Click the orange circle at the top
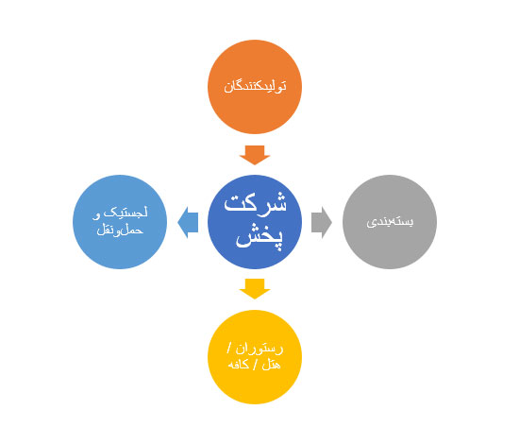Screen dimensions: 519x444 [255, 87]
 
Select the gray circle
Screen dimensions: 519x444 [390, 222]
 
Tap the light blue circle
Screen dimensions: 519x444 [120, 222]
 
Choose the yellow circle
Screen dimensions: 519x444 [255, 357]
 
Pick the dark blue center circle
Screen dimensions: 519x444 [255, 222]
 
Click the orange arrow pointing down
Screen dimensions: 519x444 [255, 155]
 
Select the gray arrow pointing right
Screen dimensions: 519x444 [322, 222]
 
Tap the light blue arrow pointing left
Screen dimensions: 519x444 [188, 222]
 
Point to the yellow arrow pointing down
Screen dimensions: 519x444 [255, 289]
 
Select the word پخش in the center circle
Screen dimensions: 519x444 [259, 237]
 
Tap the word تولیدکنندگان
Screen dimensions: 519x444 [255, 87]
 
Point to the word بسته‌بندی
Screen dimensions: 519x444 [390, 222]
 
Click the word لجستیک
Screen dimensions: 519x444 [126, 213]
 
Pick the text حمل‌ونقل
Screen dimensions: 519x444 [120, 230]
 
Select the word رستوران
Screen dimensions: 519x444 [259, 349]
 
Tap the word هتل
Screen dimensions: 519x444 [271, 365]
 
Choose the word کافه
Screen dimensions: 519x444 [239, 365]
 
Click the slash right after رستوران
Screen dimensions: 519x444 [229, 349]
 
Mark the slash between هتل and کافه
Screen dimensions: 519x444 [255, 365]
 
